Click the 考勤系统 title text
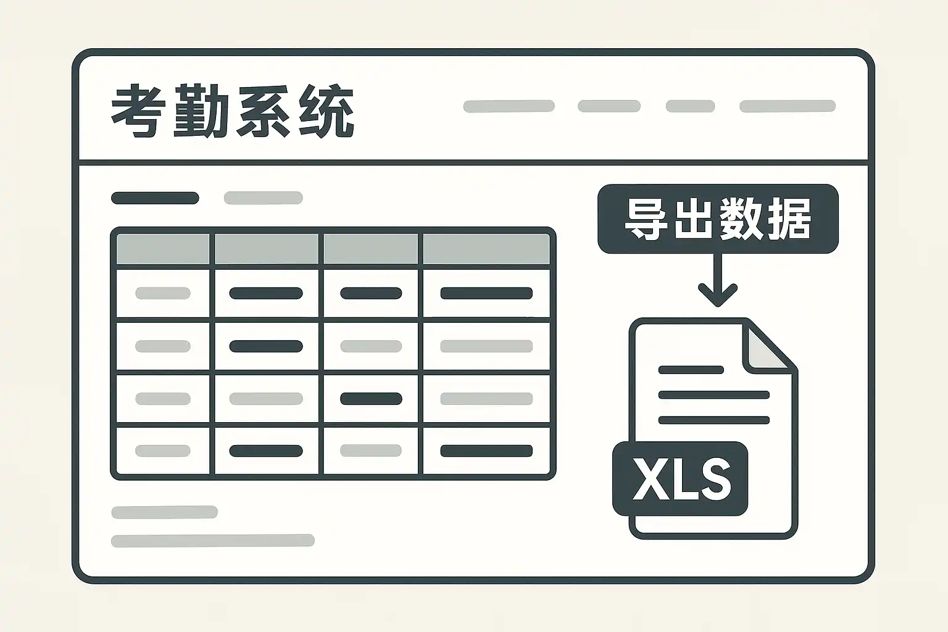click(233, 112)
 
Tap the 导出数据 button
click(718, 219)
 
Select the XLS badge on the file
click(680, 479)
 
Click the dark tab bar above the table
click(155, 198)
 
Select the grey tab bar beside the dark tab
click(263, 198)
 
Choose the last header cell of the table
click(486, 249)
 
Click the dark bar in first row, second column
click(266, 293)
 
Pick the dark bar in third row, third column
click(371, 399)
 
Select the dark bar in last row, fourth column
click(486, 451)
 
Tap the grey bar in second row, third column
click(371, 346)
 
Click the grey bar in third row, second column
click(266, 399)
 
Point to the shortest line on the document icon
click(691, 370)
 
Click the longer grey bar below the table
click(212, 541)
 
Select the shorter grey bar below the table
click(164, 512)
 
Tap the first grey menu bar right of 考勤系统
click(509, 106)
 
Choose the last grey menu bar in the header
click(787, 106)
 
